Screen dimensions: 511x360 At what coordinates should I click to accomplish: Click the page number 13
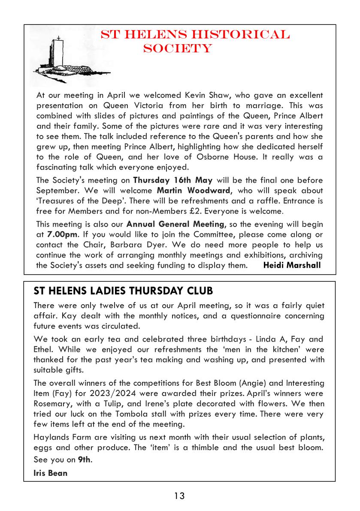coord(179,496)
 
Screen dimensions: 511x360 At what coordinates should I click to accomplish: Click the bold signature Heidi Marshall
coord(292,265)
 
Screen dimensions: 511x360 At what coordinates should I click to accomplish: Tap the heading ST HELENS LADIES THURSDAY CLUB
coord(123,291)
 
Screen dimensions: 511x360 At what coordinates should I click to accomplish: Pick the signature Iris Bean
coord(50,474)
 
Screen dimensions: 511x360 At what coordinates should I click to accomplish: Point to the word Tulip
coord(112,404)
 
